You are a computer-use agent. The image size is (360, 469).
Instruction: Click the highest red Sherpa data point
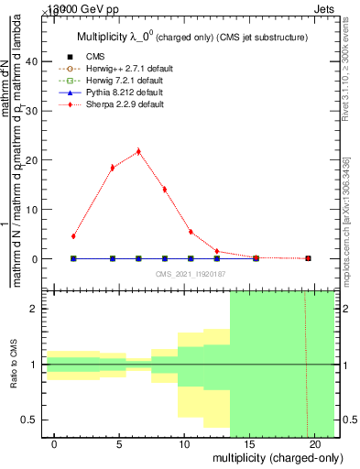point(138,151)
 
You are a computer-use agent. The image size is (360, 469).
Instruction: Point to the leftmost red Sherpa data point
point(73,236)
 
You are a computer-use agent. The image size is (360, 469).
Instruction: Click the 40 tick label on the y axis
point(33,61)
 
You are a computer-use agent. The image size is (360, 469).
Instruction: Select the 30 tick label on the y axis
point(33,111)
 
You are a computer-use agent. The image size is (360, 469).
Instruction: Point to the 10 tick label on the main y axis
point(33,210)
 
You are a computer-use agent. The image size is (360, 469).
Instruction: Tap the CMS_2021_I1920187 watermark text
point(191,273)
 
